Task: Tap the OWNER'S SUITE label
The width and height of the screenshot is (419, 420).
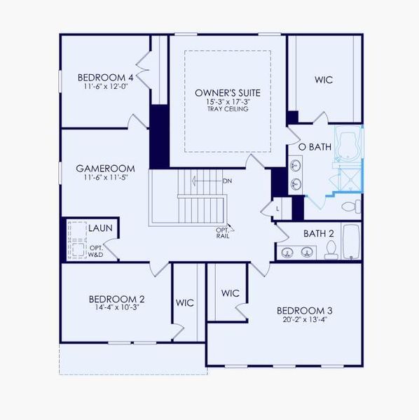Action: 228,92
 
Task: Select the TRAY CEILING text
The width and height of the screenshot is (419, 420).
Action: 228,109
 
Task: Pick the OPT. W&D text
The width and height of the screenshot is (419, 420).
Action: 96,251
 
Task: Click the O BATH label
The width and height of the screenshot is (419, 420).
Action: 315,147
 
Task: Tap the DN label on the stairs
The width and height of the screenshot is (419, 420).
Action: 227,181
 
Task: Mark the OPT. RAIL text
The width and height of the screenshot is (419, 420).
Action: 222,233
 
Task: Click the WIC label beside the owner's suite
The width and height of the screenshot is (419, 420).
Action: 323,80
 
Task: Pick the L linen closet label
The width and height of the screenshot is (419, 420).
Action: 277,209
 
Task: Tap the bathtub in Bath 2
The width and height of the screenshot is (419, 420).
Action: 351,241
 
